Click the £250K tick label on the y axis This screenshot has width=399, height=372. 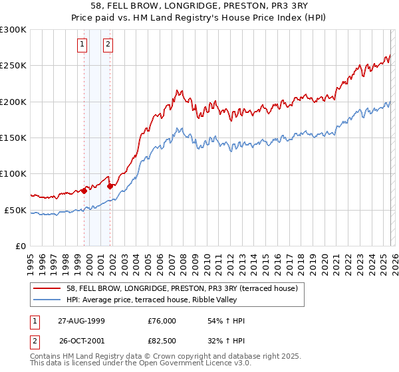point(13,66)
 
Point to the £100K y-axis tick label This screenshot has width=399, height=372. point(13,174)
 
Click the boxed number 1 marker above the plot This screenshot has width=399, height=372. point(82,45)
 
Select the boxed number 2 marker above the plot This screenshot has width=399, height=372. point(108,45)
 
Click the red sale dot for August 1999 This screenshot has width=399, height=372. point(84,191)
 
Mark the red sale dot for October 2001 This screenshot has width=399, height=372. point(110,186)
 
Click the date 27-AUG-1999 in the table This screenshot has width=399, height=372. point(82,321)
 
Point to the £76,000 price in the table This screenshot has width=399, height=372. point(162,321)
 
